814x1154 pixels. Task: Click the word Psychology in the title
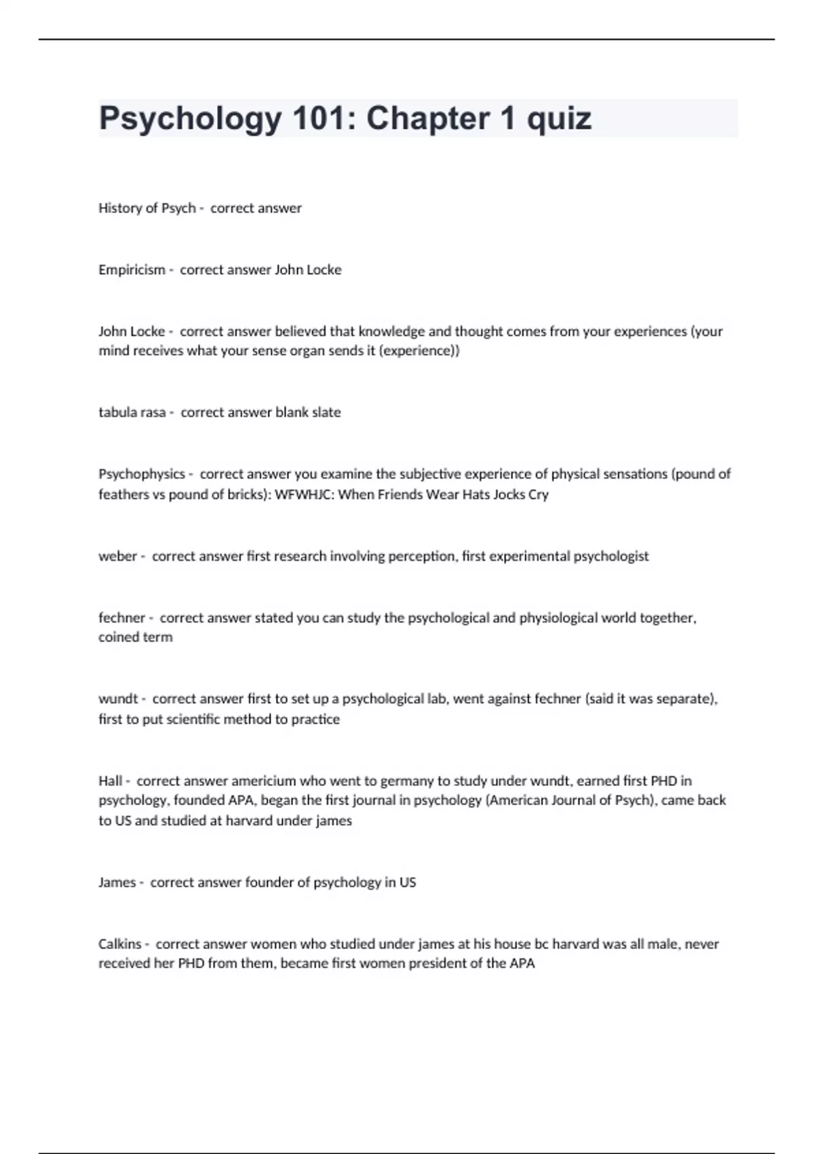point(190,119)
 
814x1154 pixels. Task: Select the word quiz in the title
point(559,119)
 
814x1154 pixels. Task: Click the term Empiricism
point(132,269)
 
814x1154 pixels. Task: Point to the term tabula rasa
point(132,412)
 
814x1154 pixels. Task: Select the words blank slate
point(308,412)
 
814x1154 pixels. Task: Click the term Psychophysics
point(141,474)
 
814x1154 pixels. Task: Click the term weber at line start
point(117,556)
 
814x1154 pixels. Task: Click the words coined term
point(136,637)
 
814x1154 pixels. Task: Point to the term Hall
point(111,781)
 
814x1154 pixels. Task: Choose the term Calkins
point(119,944)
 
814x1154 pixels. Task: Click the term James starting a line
point(117,882)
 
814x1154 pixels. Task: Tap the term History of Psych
point(147,208)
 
